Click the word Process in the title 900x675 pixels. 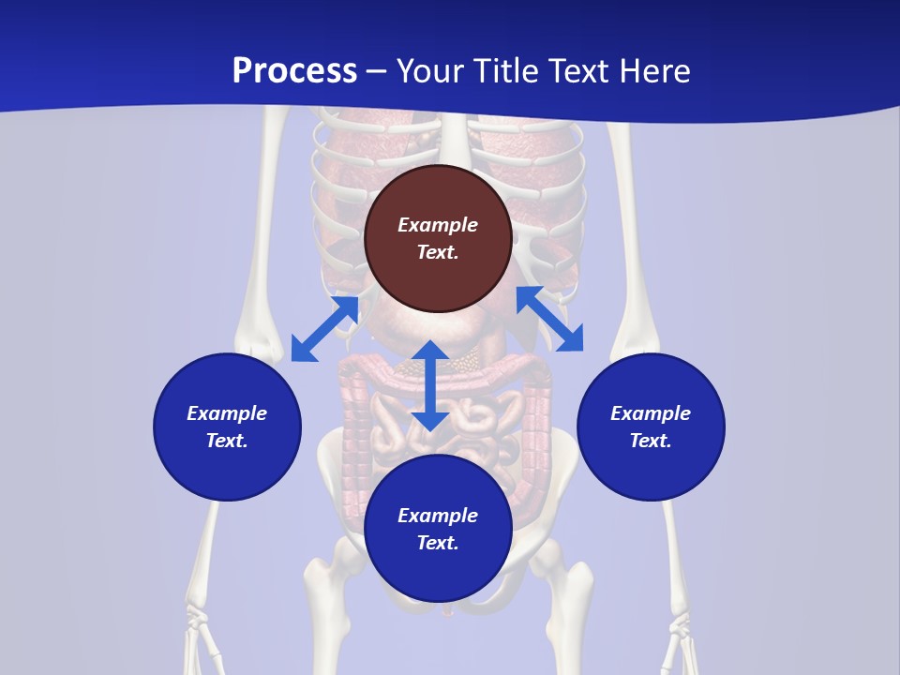[x=294, y=71]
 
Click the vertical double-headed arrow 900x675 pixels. [x=430, y=385]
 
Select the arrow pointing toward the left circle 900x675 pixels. [x=324, y=329]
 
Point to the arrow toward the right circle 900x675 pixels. [x=549, y=319]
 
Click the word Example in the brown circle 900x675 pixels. [x=438, y=225]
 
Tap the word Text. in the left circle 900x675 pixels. [x=227, y=441]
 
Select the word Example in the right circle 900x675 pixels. [x=651, y=413]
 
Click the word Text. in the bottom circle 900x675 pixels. [x=438, y=543]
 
